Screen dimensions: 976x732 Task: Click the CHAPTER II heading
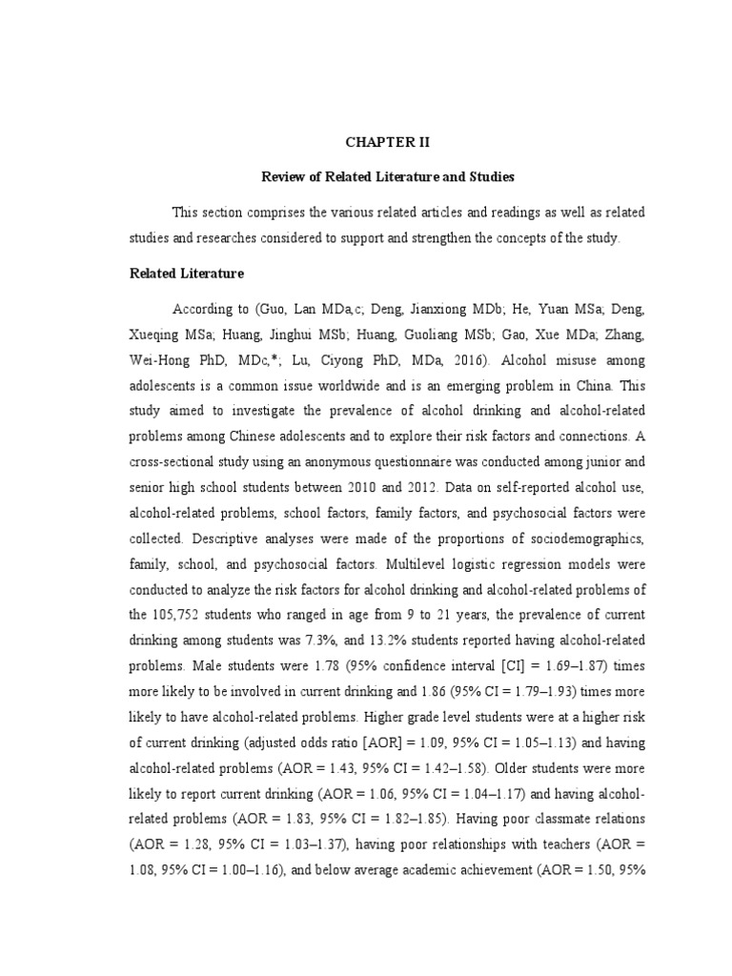point(388,142)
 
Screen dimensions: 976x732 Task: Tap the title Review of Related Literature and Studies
point(388,176)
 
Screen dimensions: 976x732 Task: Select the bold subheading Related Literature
point(187,274)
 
